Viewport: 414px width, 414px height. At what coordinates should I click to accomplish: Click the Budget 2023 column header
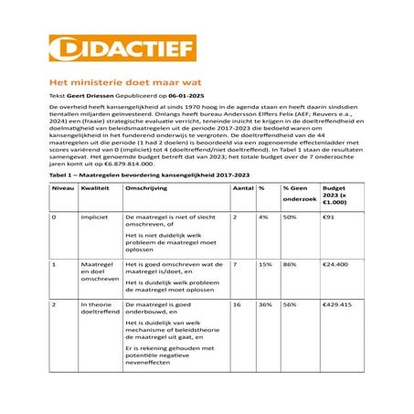tap(334, 195)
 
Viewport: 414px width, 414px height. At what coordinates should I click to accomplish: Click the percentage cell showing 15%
tap(265, 264)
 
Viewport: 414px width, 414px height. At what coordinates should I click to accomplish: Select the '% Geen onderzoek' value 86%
tap(289, 264)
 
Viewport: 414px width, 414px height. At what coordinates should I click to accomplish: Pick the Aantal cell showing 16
tap(237, 303)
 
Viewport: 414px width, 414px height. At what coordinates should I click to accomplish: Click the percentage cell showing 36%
tap(265, 303)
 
